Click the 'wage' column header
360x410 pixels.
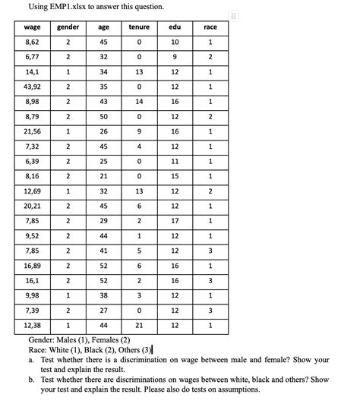(32, 27)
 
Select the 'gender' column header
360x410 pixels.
(68, 27)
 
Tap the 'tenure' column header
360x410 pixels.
(139, 27)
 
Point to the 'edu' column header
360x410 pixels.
(175, 27)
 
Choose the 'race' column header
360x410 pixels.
(210, 27)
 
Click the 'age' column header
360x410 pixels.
(104, 27)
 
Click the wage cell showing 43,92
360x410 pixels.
(32, 87)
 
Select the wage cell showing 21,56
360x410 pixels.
(32, 131)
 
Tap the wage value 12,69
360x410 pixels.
(32, 191)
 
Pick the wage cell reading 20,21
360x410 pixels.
(32, 206)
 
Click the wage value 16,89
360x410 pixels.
(32, 266)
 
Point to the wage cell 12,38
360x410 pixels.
(32, 325)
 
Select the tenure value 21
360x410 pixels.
(139, 325)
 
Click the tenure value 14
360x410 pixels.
(139, 102)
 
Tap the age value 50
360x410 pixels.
(104, 116)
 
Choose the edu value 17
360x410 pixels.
(175, 221)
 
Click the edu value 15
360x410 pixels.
(175, 176)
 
